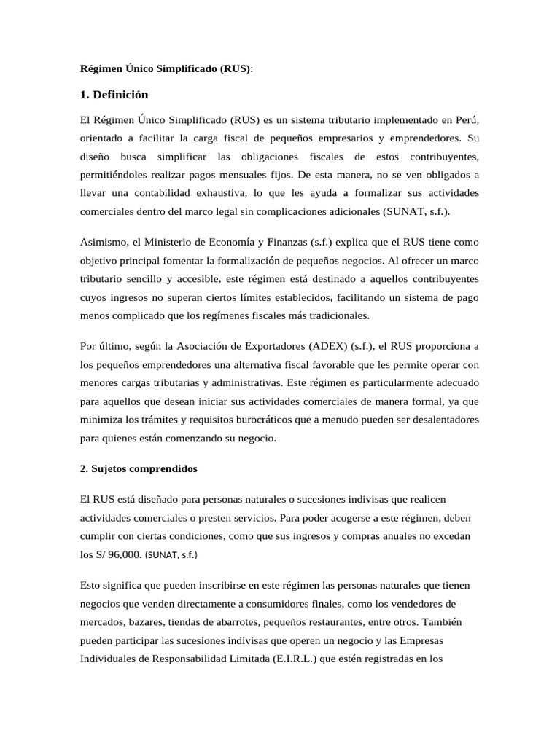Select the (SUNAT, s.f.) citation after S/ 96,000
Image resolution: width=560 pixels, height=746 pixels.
point(171,554)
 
